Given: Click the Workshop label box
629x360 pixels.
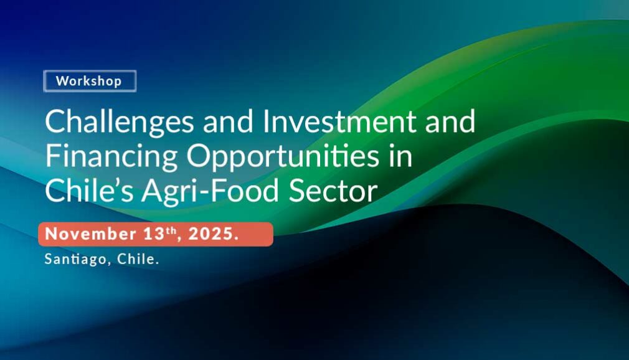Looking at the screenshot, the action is (90, 81).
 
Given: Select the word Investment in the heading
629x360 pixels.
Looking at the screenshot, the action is (339, 121).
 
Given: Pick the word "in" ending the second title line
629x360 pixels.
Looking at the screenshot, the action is (400, 156).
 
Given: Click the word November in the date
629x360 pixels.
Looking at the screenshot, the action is (91, 234).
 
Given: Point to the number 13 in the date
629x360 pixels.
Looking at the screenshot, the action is (154, 234).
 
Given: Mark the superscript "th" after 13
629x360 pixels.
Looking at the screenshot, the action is (171, 230).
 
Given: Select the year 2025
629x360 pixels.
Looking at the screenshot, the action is (211, 234).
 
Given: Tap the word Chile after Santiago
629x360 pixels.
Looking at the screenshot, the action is (136, 258).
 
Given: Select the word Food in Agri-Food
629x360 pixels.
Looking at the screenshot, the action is (245, 191).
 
